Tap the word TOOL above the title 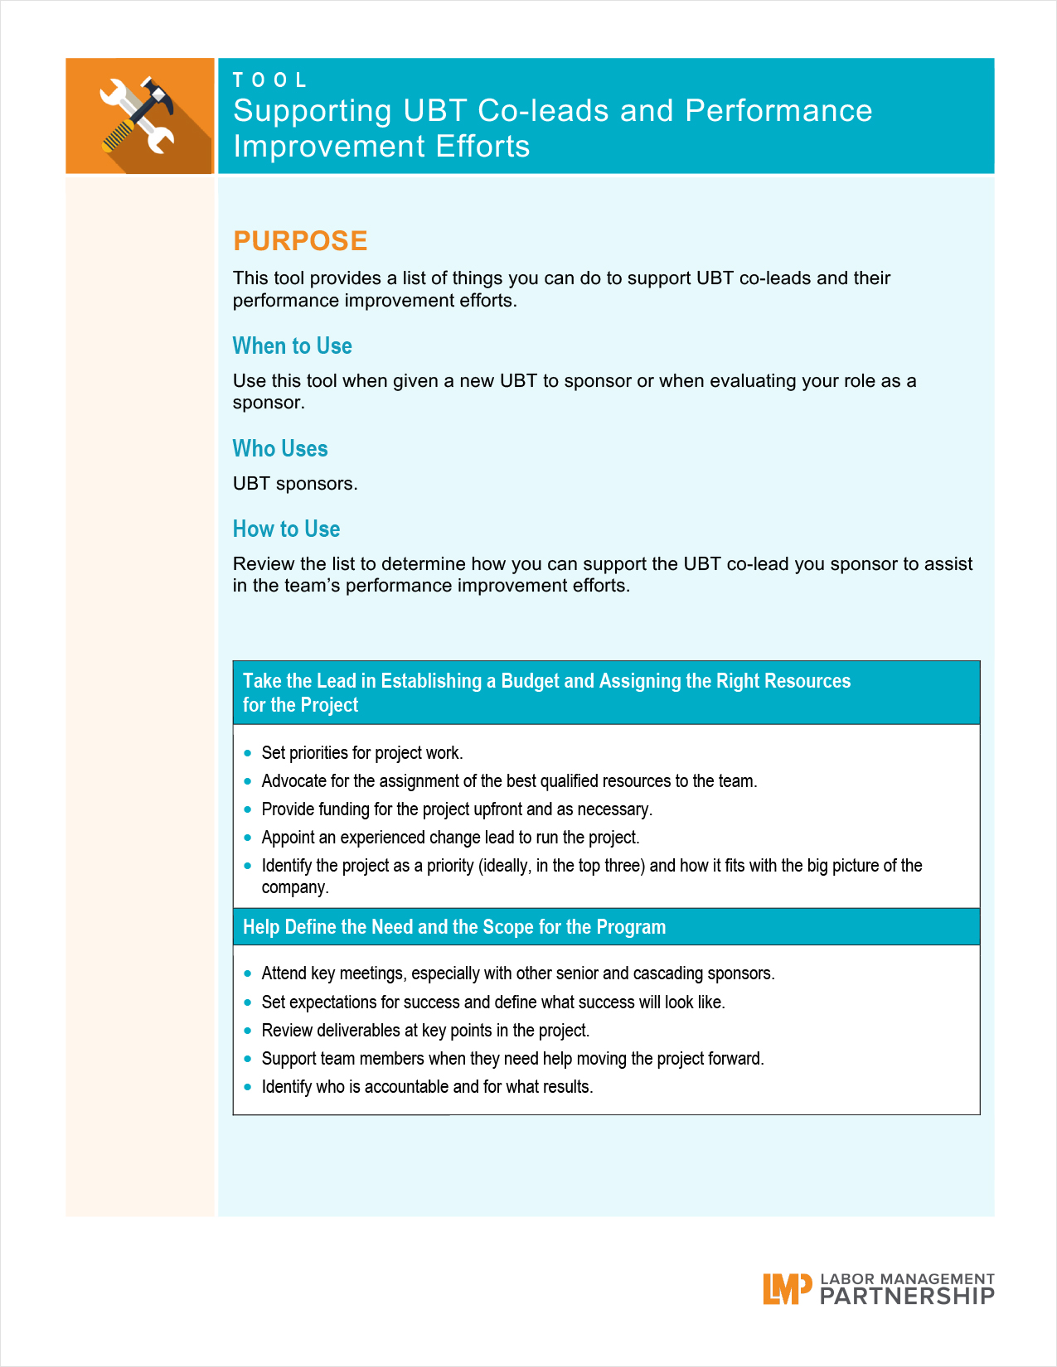click(270, 80)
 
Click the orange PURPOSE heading click(300, 240)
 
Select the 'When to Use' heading click(292, 345)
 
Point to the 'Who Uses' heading click(280, 448)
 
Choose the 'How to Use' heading click(286, 529)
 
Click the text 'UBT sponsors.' click(295, 484)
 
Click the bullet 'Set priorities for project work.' click(362, 753)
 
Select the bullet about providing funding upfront click(457, 809)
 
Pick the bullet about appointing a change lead click(450, 838)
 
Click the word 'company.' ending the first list click(295, 887)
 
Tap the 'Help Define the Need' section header click(454, 927)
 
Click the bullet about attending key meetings click(518, 973)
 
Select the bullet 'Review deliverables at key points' click(425, 1031)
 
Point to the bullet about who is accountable click(427, 1087)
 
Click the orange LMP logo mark click(786, 1289)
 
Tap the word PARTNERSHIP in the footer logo click(907, 1297)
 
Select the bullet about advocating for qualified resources click(509, 781)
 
